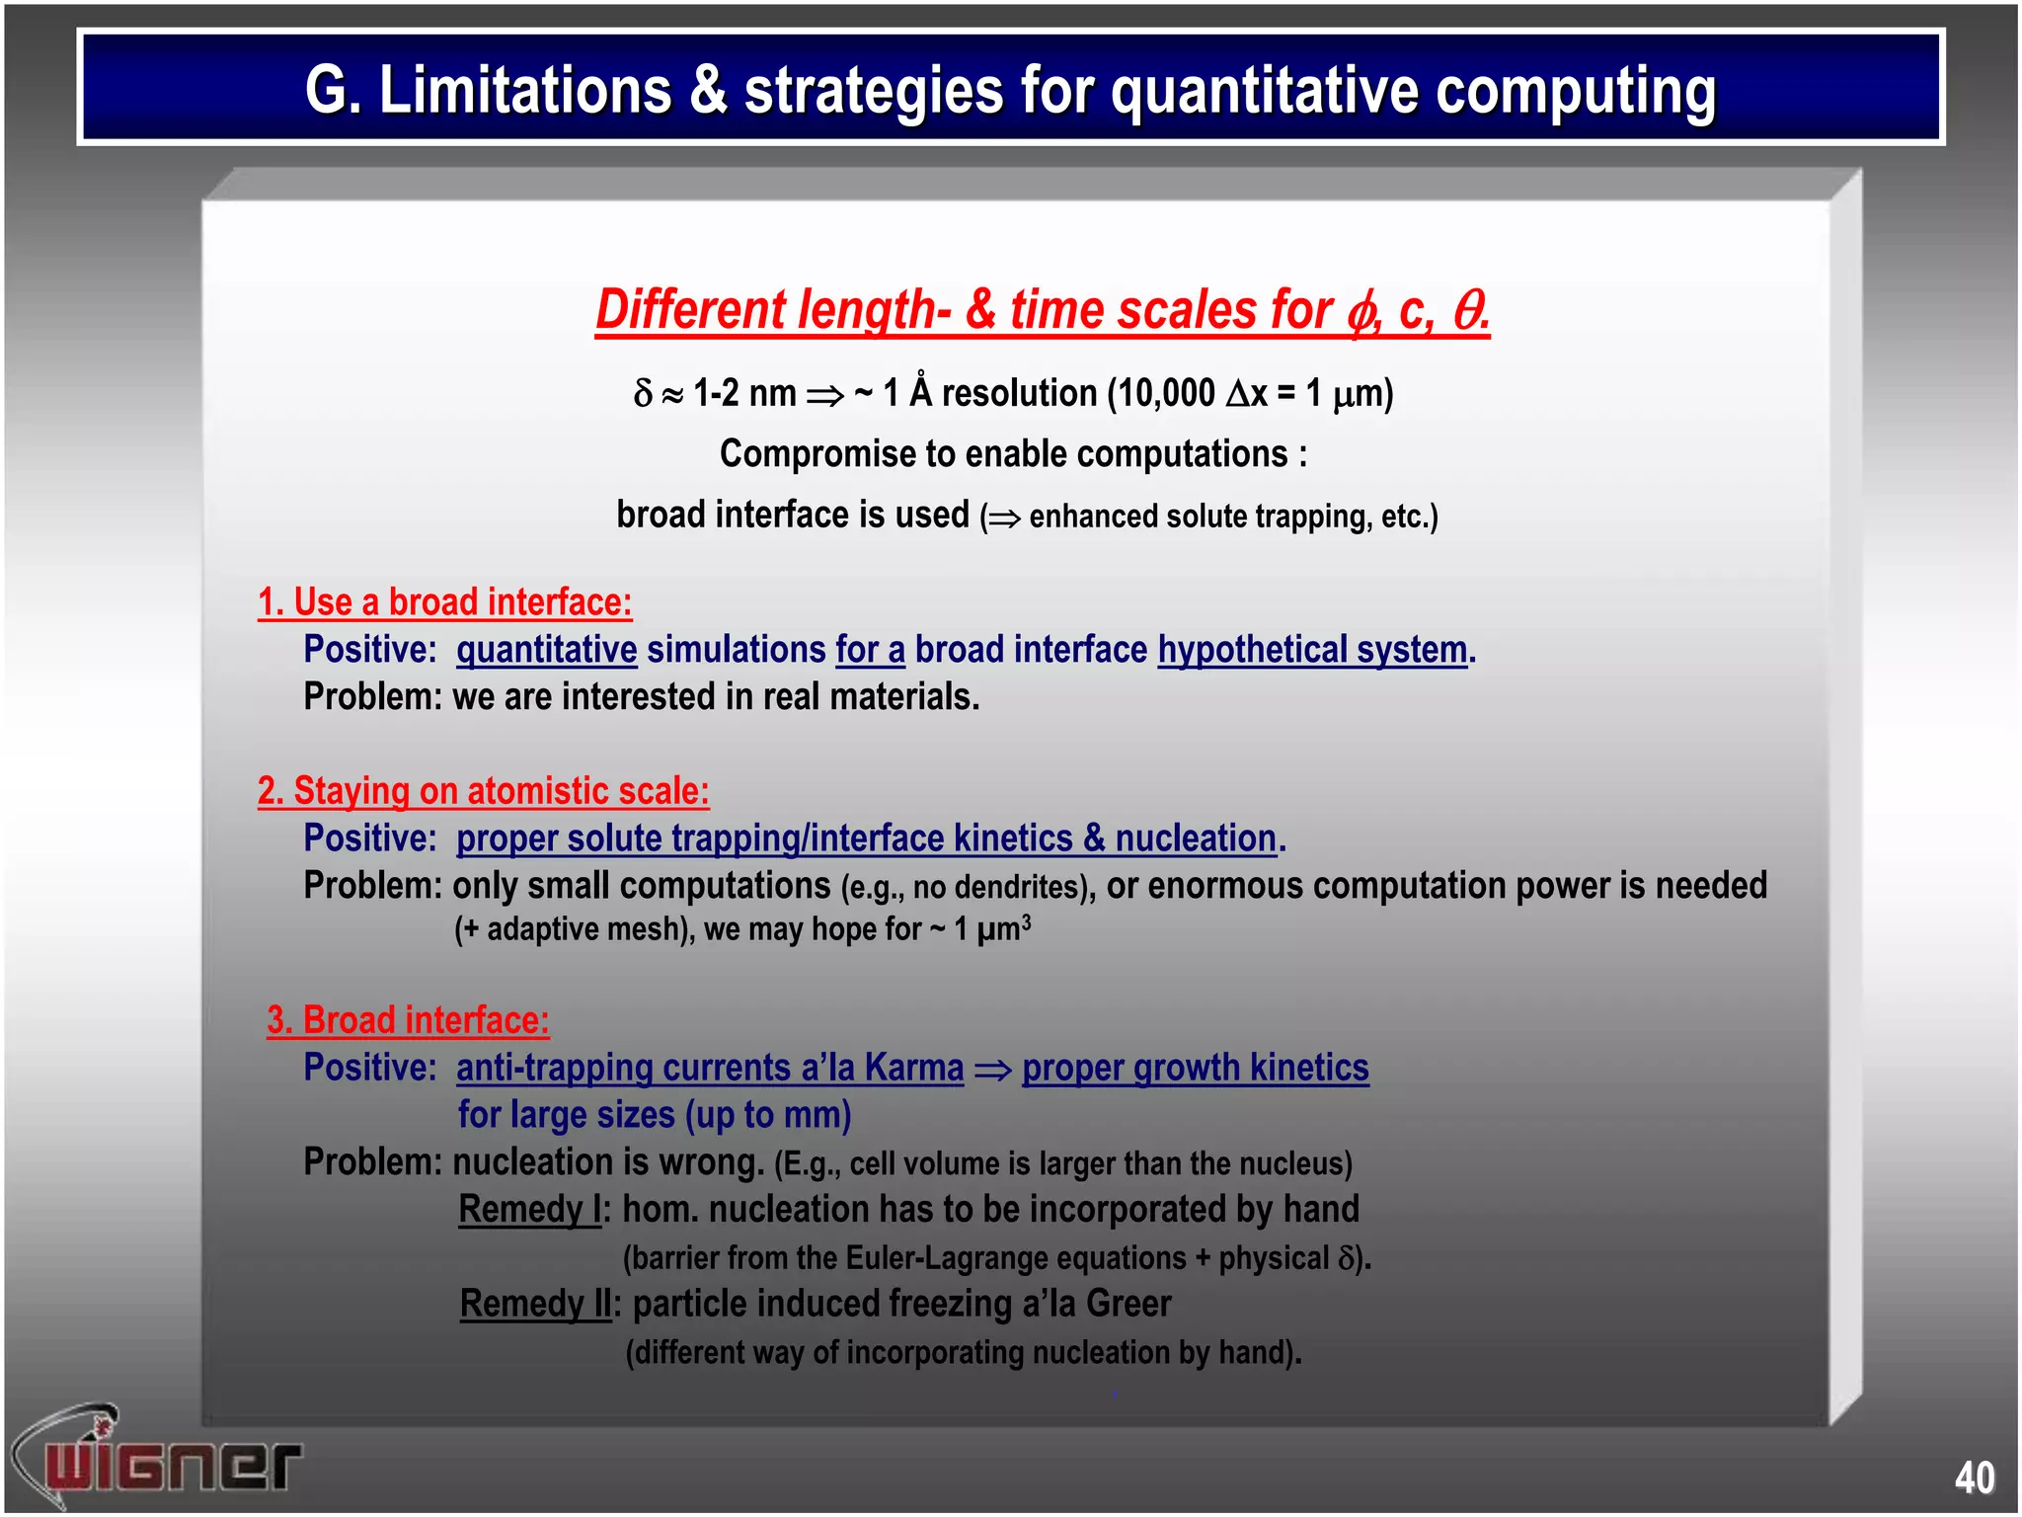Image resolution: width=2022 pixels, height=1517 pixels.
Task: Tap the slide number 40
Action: coord(1974,1477)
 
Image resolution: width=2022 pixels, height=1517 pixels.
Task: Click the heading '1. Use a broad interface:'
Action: coord(444,602)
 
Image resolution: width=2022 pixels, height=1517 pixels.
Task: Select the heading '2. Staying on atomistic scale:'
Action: coord(483,791)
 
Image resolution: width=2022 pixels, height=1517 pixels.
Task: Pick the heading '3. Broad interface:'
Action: coord(408,1020)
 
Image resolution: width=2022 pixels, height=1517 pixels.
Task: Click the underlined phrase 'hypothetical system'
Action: coord(1312,650)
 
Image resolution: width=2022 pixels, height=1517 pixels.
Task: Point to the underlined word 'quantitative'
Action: coord(546,650)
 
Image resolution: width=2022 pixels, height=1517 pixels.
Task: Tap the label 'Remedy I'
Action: coord(530,1210)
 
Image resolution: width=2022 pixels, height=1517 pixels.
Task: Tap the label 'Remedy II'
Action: coord(536,1304)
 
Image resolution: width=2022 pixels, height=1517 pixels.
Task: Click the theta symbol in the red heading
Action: coord(1468,310)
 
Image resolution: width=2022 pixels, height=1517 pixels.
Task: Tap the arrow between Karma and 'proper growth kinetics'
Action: coord(992,1070)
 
